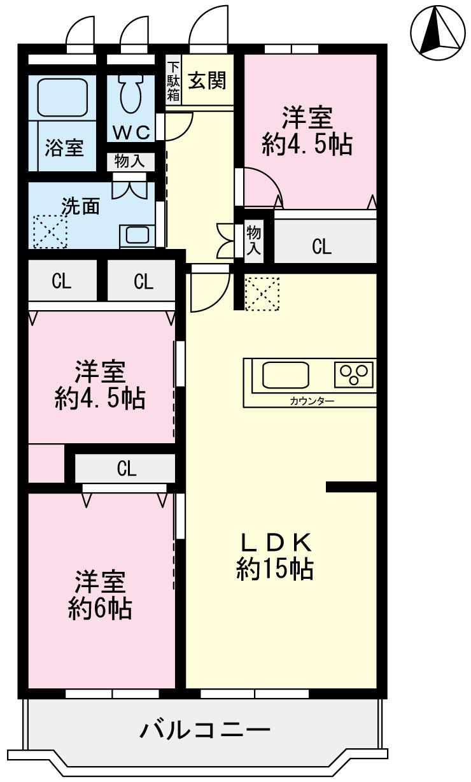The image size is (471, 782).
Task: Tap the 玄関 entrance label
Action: pyautogui.click(x=206, y=81)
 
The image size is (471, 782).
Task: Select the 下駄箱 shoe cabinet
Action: pyautogui.click(x=173, y=82)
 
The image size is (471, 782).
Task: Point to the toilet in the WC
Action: pyautogui.click(x=130, y=96)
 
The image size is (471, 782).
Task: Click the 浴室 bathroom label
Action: pyautogui.click(x=64, y=148)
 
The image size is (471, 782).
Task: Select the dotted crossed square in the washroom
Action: pyautogui.click(x=49, y=231)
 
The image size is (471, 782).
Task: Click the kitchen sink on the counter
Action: pyautogui.click(x=285, y=375)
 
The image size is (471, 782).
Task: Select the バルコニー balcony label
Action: pyautogui.click(x=205, y=730)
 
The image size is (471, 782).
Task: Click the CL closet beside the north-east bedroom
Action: pyautogui.click(x=322, y=246)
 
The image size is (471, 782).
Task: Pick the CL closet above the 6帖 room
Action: pyautogui.click(x=126, y=469)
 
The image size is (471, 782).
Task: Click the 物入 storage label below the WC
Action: pyautogui.click(x=129, y=162)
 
